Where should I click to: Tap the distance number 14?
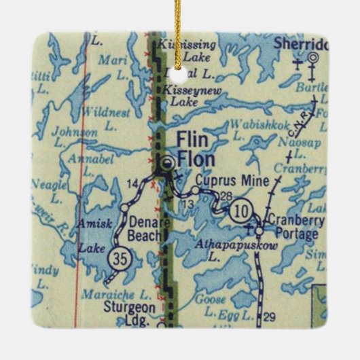point(133,183)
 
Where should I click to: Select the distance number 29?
point(269,317)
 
